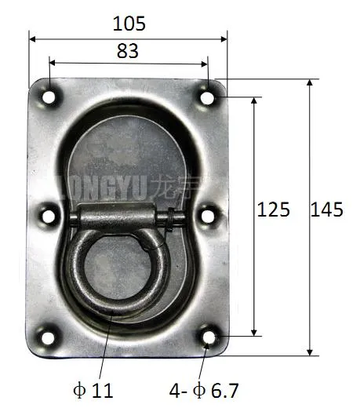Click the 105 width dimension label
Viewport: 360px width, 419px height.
tap(129, 24)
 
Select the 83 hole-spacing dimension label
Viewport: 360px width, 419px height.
tap(127, 51)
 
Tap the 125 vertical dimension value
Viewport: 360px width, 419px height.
tap(274, 209)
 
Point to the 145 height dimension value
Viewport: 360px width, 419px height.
tap(326, 209)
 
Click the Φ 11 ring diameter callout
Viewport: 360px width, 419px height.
tap(93, 390)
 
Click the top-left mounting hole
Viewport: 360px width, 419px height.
tap(49, 97)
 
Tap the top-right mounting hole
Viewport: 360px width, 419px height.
tap(208, 97)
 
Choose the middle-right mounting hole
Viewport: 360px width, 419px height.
tap(208, 213)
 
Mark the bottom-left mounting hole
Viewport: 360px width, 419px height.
tap(49, 337)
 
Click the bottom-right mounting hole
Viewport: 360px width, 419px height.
tap(208, 337)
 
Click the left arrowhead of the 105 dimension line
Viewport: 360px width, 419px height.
tap(33, 37)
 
